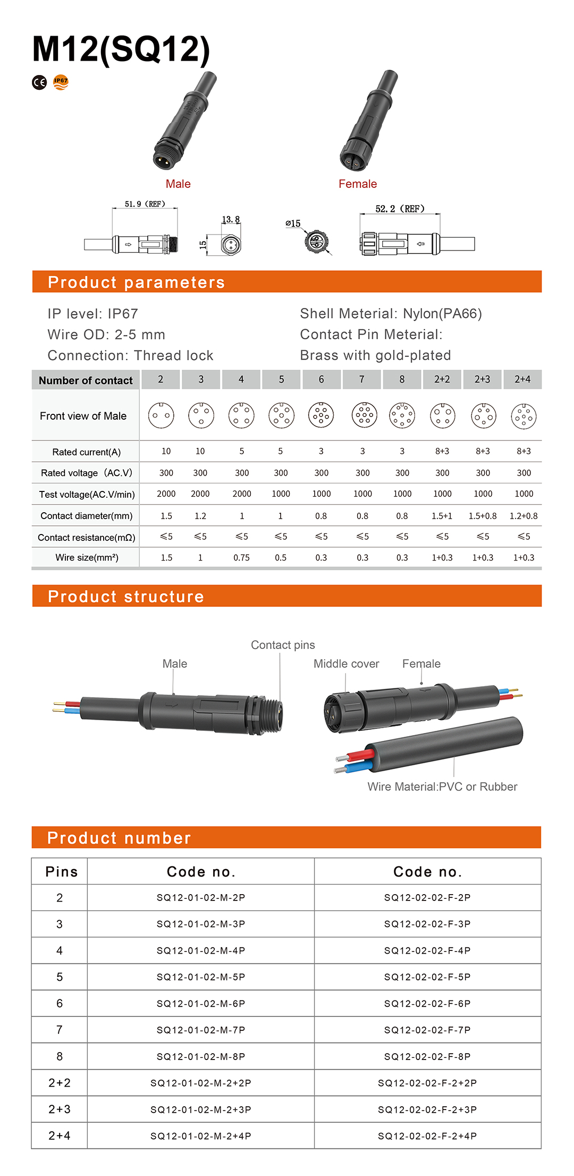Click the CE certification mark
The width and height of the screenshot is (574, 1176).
click(39, 82)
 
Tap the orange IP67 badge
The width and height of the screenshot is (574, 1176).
click(61, 82)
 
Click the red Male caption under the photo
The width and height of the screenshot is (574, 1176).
click(178, 184)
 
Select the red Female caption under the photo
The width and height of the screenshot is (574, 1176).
click(358, 184)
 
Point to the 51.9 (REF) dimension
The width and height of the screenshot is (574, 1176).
click(145, 204)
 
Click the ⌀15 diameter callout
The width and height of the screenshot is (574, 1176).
click(293, 224)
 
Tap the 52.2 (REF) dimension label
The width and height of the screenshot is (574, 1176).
click(400, 209)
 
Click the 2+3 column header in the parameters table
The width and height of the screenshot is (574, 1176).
click(482, 379)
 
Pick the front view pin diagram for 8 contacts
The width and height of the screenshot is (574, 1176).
click(402, 415)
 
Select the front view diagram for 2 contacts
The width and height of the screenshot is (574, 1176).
click(161, 415)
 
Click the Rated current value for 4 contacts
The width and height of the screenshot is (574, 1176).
click(241, 451)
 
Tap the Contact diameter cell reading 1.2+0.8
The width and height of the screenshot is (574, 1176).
click(524, 516)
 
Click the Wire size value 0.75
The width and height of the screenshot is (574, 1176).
click(241, 557)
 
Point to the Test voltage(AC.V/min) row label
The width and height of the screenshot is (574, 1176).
click(87, 495)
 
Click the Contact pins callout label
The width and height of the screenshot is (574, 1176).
click(283, 645)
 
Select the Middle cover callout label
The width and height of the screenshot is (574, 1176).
click(346, 664)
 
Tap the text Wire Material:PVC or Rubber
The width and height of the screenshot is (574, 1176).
click(442, 787)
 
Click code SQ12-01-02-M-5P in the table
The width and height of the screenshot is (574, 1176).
click(201, 977)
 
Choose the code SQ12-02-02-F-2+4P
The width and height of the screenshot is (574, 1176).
click(427, 1136)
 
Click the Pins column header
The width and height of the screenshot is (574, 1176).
click(62, 872)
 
